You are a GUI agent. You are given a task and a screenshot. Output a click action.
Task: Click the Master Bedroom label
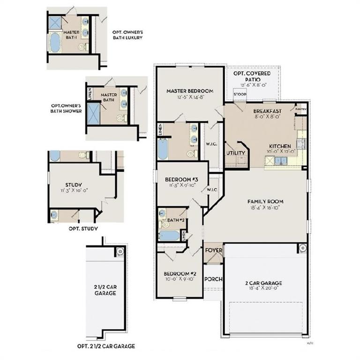(190, 91)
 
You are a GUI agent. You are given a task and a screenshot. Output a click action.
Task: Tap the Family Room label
(265, 202)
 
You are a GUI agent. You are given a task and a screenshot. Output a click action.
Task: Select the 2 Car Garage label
(263, 283)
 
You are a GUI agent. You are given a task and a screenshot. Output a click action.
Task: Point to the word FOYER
(214, 251)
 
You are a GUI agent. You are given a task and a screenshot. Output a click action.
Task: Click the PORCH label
(213, 279)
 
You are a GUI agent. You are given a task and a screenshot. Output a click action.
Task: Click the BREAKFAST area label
(268, 111)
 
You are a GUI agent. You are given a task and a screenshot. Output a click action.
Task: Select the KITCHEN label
(280, 146)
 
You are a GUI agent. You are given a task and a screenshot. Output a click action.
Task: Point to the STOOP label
(240, 94)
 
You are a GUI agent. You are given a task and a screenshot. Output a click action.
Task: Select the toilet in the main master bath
(191, 153)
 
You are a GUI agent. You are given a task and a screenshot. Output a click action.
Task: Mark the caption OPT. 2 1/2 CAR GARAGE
(106, 346)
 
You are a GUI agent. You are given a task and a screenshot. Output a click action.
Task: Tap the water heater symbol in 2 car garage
(302, 248)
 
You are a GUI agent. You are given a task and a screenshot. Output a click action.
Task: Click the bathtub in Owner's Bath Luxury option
(55, 43)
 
